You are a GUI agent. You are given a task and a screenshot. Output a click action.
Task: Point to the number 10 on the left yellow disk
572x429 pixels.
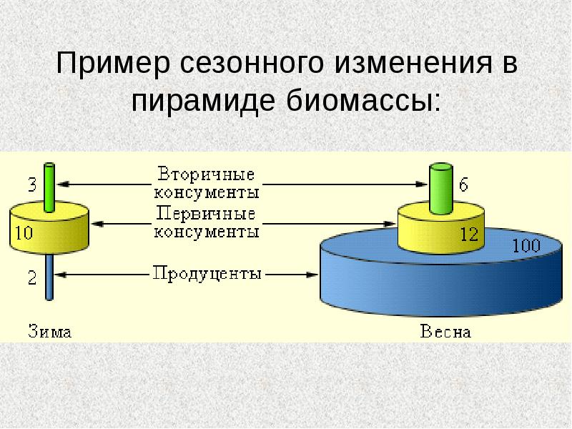point(23,232)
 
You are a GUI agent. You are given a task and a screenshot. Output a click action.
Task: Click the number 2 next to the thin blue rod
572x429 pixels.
point(32,278)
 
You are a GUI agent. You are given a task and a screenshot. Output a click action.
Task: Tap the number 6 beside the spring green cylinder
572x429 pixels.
point(463,185)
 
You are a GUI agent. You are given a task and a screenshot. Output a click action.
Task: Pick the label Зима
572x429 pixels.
point(50,331)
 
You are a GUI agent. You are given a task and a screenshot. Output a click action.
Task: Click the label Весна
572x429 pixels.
point(445,331)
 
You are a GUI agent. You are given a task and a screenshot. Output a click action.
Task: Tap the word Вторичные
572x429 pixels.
point(206,174)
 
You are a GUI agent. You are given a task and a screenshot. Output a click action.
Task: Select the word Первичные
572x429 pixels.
point(206,214)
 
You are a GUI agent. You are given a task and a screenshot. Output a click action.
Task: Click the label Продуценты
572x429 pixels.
point(206,274)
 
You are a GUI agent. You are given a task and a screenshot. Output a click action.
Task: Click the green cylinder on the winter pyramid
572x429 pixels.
point(49,187)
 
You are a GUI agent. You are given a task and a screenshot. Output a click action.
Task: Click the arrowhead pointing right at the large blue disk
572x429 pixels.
point(312,274)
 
